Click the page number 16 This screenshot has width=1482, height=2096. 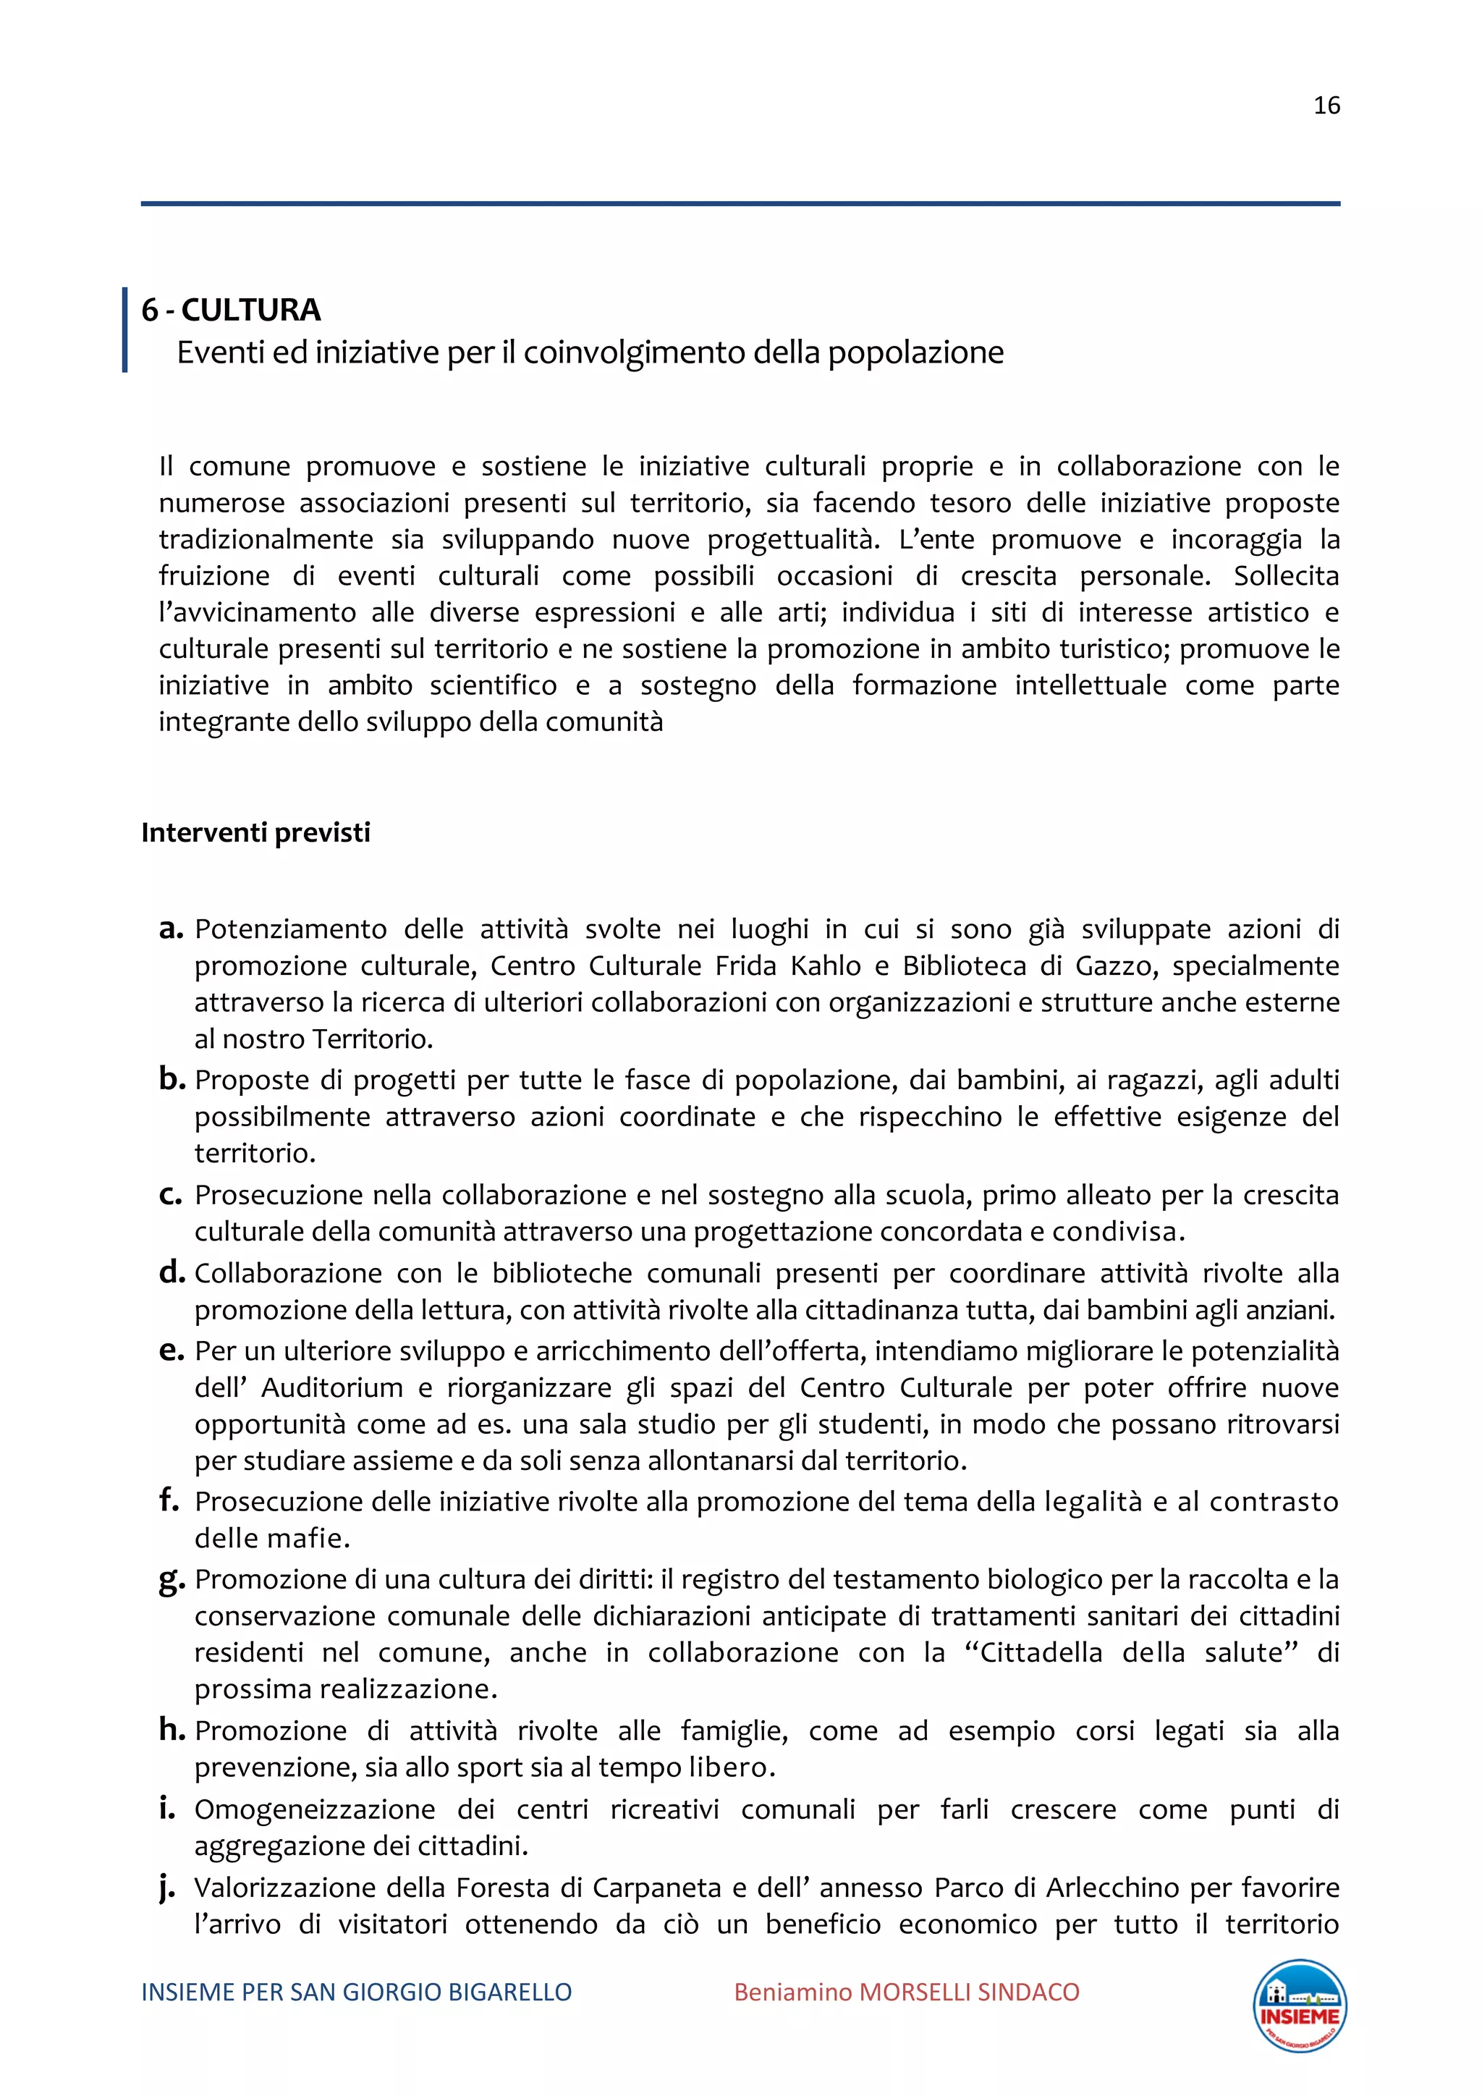[1326, 106]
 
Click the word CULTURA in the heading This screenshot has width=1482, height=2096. [251, 310]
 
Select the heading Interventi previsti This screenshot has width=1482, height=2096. [255, 832]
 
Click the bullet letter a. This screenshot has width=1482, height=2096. [170, 929]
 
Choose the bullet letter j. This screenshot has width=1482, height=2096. [168, 1889]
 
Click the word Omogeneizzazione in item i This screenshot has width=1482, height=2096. [316, 1809]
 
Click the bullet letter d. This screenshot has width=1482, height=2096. [170, 1272]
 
